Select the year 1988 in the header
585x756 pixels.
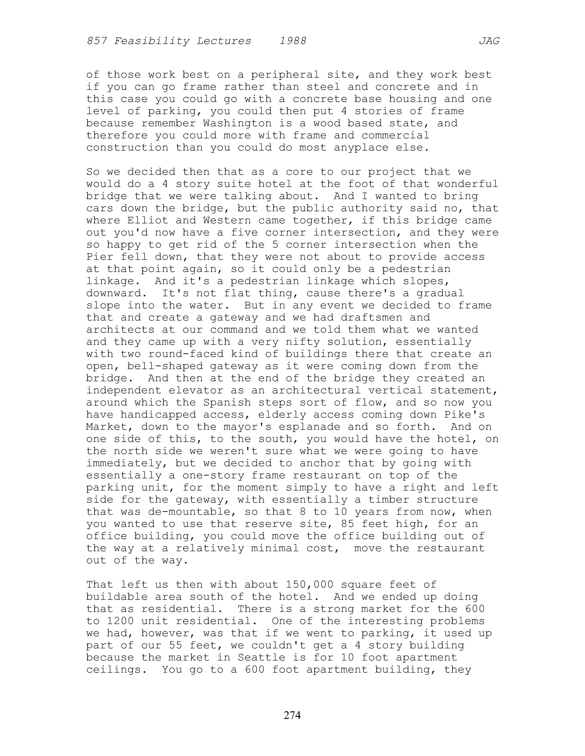point(293,41)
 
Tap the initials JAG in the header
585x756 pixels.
point(489,41)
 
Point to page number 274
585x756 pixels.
point(292,715)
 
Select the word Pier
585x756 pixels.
point(100,257)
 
